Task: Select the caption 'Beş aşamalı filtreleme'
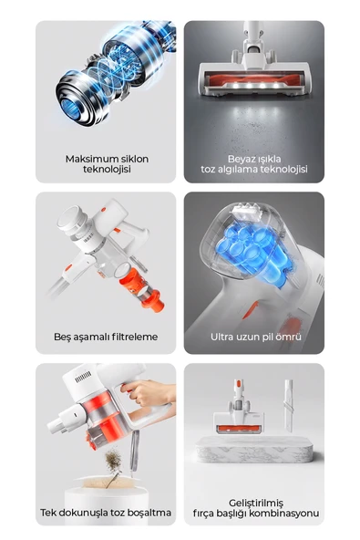point(106,337)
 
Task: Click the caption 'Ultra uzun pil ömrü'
point(254,337)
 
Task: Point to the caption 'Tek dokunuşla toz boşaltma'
point(106,512)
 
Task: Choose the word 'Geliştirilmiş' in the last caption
point(255,503)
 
